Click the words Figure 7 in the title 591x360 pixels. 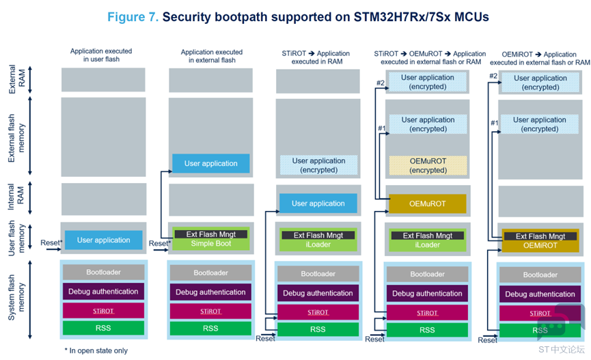133,17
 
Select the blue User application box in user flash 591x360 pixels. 104,240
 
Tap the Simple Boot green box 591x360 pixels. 211,243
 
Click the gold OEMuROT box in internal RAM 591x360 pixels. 428,204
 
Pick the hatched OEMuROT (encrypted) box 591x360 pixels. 428,165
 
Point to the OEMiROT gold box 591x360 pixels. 540,245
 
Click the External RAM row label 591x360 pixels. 17,79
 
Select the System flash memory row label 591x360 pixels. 16,297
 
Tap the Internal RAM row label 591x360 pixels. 16,197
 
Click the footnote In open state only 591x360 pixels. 96,350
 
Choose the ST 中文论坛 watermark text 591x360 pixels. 561,350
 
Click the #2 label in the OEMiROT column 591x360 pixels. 493,76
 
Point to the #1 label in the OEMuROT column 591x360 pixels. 382,128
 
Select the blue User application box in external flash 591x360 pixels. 211,163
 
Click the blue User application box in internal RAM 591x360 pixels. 318,204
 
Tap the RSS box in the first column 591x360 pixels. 103,328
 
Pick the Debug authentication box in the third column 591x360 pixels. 318,293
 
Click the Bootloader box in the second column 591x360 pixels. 210,273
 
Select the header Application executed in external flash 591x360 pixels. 212,56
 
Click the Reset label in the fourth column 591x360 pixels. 374,340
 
